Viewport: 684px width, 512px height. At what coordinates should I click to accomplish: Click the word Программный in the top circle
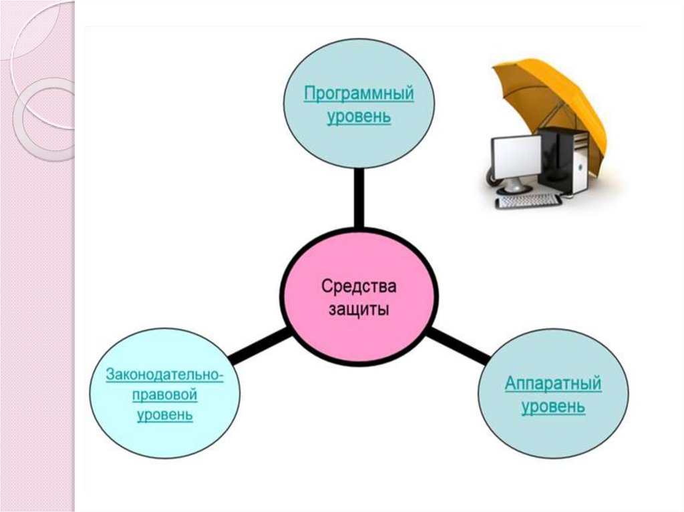coord(359,93)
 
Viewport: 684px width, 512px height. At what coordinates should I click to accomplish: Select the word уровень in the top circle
coord(359,117)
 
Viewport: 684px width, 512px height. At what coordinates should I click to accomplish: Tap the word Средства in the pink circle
coord(359,286)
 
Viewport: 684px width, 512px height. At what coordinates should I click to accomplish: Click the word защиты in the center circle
coord(359,311)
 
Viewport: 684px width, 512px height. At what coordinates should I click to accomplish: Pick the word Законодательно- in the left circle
coord(165,374)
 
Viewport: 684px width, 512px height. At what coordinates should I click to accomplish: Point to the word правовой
coord(165,395)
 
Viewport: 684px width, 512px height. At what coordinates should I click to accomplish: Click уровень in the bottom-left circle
coord(165,415)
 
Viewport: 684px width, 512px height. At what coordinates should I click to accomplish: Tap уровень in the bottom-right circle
coord(553,407)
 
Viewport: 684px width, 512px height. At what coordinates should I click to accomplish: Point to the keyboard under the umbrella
coord(528,200)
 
